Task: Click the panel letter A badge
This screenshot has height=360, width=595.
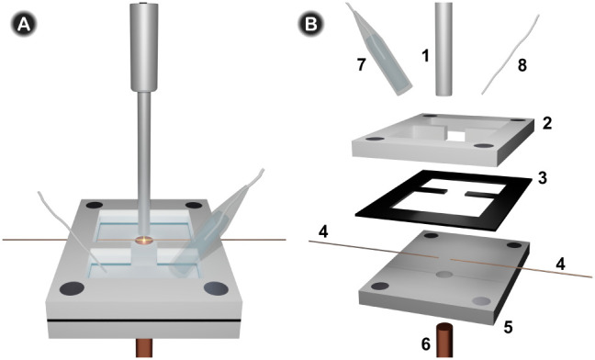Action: (24, 25)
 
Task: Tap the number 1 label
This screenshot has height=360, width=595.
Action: (425, 56)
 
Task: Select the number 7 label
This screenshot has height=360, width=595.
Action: (361, 64)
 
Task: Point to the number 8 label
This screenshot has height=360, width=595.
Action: (522, 65)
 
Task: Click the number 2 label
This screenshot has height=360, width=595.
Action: (546, 124)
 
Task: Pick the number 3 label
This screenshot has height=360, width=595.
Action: (543, 178)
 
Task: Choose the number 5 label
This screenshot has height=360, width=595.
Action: (509, 325)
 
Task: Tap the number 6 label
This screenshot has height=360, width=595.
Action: (426, 344)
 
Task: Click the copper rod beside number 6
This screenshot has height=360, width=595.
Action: (447, 340)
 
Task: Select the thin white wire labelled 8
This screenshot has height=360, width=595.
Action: (511, 54)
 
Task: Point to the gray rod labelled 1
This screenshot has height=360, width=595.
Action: (443, 49)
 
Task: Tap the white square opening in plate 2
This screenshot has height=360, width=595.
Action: (456, 136)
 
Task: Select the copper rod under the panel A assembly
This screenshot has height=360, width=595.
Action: (144, 348)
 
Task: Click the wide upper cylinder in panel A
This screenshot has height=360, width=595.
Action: (144, 47)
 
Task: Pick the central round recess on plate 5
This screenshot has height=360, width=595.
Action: (444, 275)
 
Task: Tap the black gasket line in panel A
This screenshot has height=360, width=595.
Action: (144, 321)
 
